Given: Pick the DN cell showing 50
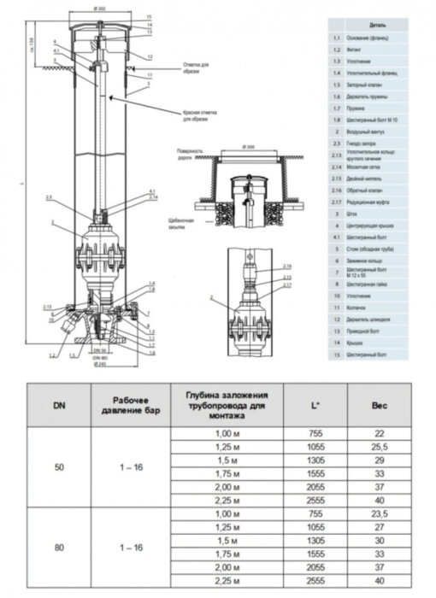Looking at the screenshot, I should pyautogui.click(x=58, y=469).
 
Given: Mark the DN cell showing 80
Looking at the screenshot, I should pyautogui.click(x=58, y=547).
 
